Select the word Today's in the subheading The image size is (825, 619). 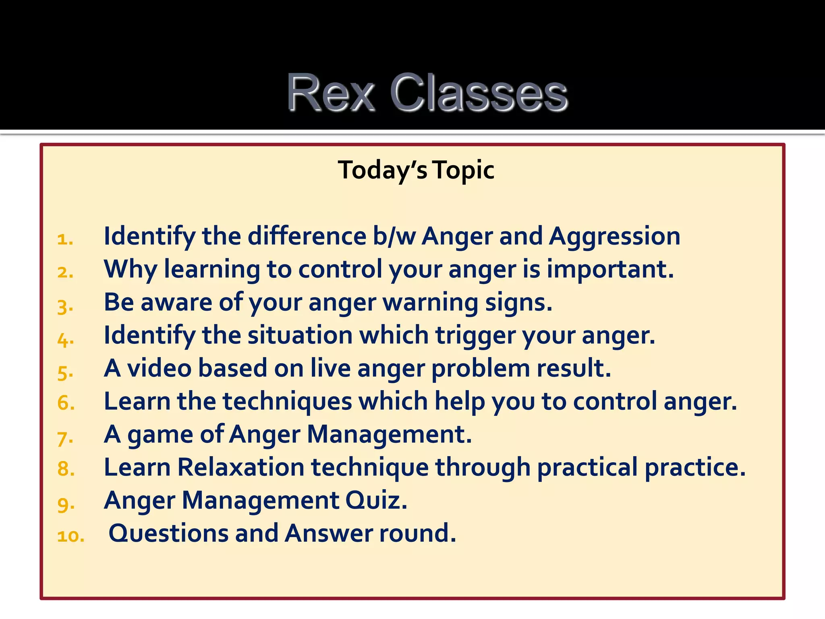click(382, 170)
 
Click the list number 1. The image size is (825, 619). click(64, 240)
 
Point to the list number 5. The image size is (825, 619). click(65, 372)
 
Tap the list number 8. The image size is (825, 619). click(66, 469)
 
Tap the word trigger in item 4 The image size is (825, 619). click(475, 336)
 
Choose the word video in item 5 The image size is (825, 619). click(159, 368)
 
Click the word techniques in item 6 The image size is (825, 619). click(287, 402)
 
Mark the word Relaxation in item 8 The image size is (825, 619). click(240, 467)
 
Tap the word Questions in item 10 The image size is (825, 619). click(168, 534)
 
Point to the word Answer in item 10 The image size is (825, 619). click(328, 534)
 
